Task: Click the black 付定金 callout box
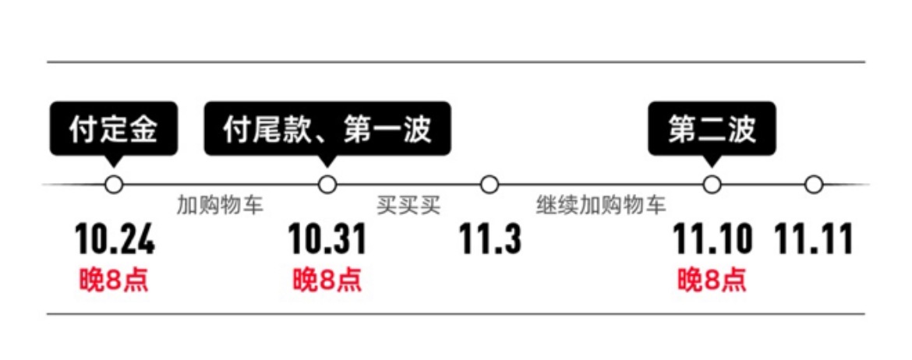click(114, 129)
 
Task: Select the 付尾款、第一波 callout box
click(327, 129)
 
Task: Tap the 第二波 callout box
click(712, 129)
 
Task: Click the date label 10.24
click(115, 239)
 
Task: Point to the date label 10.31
click(327, 239)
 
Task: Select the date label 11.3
click(490, 239)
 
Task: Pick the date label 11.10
click(712, 239)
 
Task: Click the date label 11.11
click(815, 239)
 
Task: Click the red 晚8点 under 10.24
click(114, 281)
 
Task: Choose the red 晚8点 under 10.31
click(327, 281)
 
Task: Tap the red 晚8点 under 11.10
click(712, 281)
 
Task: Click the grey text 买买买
click(408, 206)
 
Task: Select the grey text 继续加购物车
click(601, 206)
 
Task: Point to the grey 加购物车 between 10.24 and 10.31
click(221, 206)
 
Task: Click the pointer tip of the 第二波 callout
click(712, 169)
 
